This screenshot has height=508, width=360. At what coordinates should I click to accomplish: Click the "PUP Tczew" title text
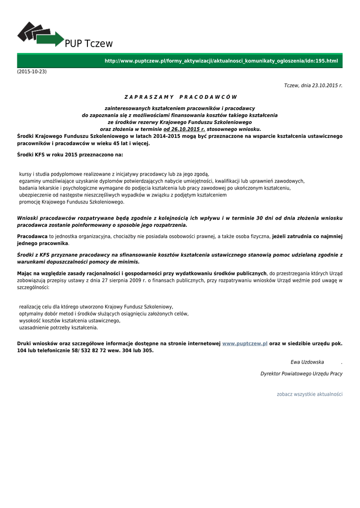pyautogui.click(x=89, y=44)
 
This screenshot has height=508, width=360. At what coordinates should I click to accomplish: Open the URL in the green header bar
pyautogui.click(x=221, y=61)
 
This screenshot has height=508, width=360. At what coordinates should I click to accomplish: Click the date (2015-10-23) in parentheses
pyautogui.click(x=32, y=71)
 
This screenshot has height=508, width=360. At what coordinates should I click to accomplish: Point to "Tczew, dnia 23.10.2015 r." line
pyautogui.click(x=313, y=85)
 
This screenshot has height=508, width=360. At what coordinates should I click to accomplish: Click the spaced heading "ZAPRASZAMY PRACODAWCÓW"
pyautogui.click(x=180, y=97)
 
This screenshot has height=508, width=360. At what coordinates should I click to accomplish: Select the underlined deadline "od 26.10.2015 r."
pyautogui.click(x=184, y=129)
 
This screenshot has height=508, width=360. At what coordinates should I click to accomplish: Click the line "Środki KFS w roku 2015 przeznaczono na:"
pyautogui.click(x=70, y=155)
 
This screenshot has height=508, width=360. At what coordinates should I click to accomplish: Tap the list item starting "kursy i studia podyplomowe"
pyautogui.click(x=114, y=174)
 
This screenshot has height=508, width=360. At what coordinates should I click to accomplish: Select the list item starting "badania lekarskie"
pyautogui.click(x=155, y=188)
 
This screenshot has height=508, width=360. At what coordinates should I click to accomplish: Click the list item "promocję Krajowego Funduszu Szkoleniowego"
pyautogui.click(x=72, y=202)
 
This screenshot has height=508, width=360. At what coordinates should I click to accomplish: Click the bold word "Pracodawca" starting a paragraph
pyautogui.click(x=32, y=237)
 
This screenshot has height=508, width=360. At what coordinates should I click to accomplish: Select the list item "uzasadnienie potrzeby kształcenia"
pyautogui.click(x=59, y=327)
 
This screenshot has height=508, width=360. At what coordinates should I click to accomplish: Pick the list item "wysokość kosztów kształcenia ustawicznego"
pyautogui.click(x=70, y=320)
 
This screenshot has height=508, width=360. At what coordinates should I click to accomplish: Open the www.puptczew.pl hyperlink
pyautogui.click(x=245, y=343)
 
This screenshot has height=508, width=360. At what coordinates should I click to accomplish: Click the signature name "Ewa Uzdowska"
pyautogui.click(x=307, y=362)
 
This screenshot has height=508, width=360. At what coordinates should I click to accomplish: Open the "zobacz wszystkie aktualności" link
pyautogui.click(x=309, y=394)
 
